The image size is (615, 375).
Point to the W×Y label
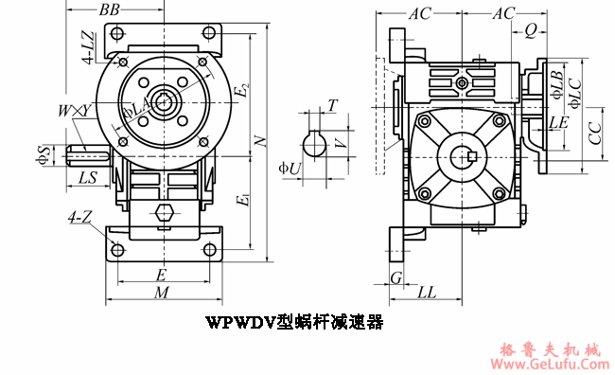[74, 111]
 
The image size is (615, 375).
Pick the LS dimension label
[87, 177]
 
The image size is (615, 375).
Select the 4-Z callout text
[79, 218]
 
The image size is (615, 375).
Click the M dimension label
[162, 294]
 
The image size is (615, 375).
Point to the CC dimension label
[594, 134]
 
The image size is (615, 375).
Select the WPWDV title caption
[294, 322]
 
